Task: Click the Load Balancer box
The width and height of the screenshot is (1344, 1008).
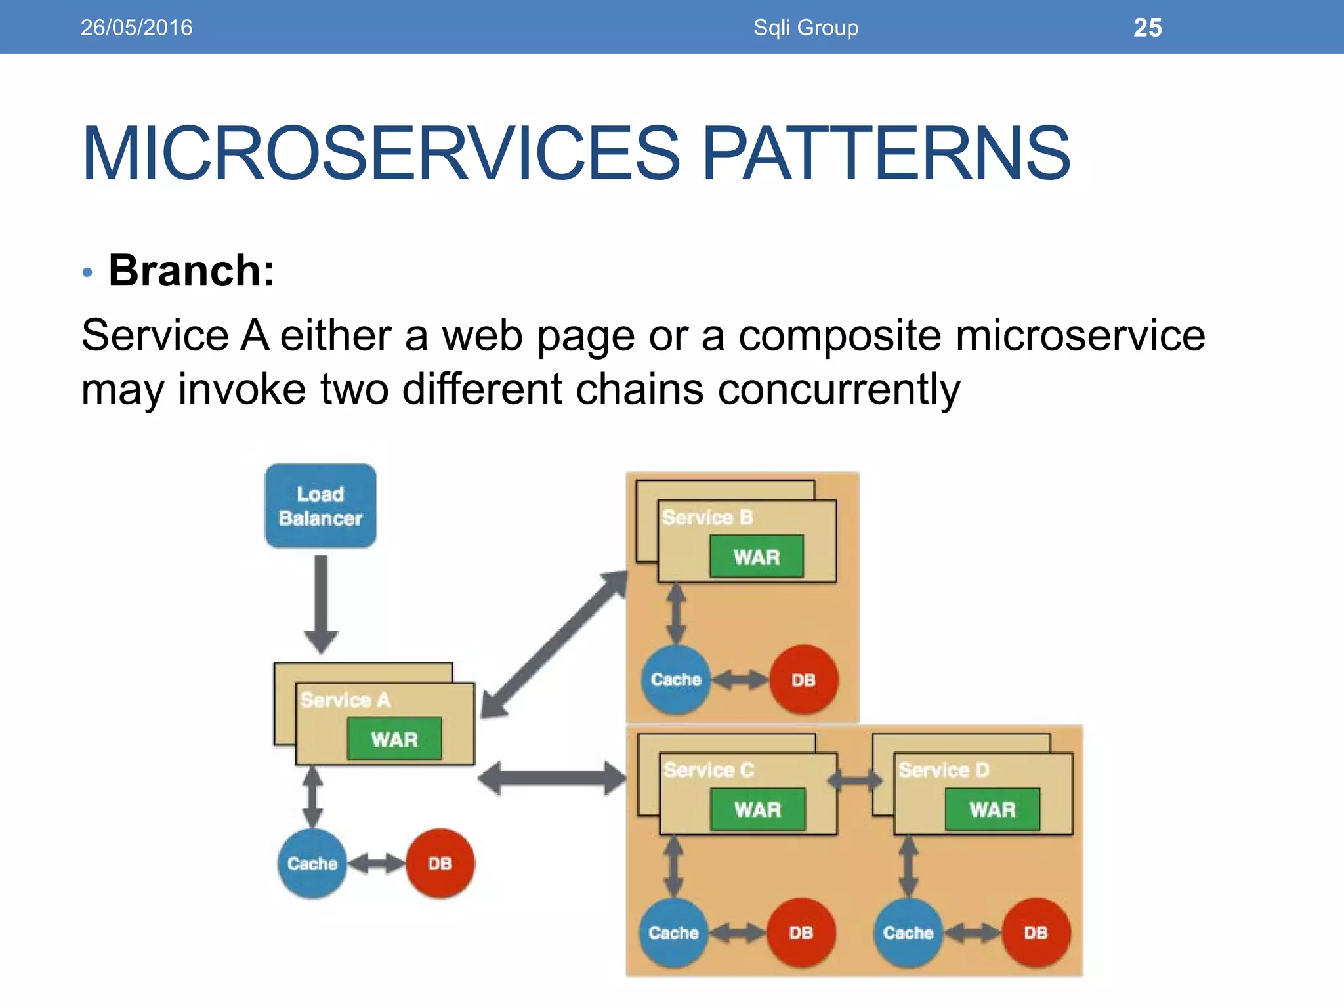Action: pos(320,505)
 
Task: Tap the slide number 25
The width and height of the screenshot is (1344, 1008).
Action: pos(1147,28)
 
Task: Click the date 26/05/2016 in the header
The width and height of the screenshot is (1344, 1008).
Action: pos(136,28)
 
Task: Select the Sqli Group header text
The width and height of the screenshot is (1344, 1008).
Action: pos(806,28)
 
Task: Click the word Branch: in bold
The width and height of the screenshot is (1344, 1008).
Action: pos(192,270)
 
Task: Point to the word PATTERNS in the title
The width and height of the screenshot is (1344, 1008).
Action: pos(886,154)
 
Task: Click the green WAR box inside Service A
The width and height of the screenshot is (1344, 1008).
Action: pos(394,739)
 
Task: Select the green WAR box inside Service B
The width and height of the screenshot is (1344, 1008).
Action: pos(757,556)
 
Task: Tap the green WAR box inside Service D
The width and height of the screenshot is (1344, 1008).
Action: pos(992,809)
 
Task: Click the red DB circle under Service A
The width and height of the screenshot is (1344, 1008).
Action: pos(440,863)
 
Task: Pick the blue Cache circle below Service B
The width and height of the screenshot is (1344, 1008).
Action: pos(676,679)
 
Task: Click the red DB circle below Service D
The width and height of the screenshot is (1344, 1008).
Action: pos(1036,932)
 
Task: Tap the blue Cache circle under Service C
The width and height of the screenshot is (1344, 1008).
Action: pos(673,932)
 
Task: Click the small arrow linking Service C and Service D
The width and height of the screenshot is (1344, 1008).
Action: pos(855,780)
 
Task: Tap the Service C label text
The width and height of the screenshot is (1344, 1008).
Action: pos(709,769)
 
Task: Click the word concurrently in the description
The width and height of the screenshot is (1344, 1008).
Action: pos(839,390)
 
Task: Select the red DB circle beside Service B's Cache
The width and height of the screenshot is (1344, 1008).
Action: pos(803,679)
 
